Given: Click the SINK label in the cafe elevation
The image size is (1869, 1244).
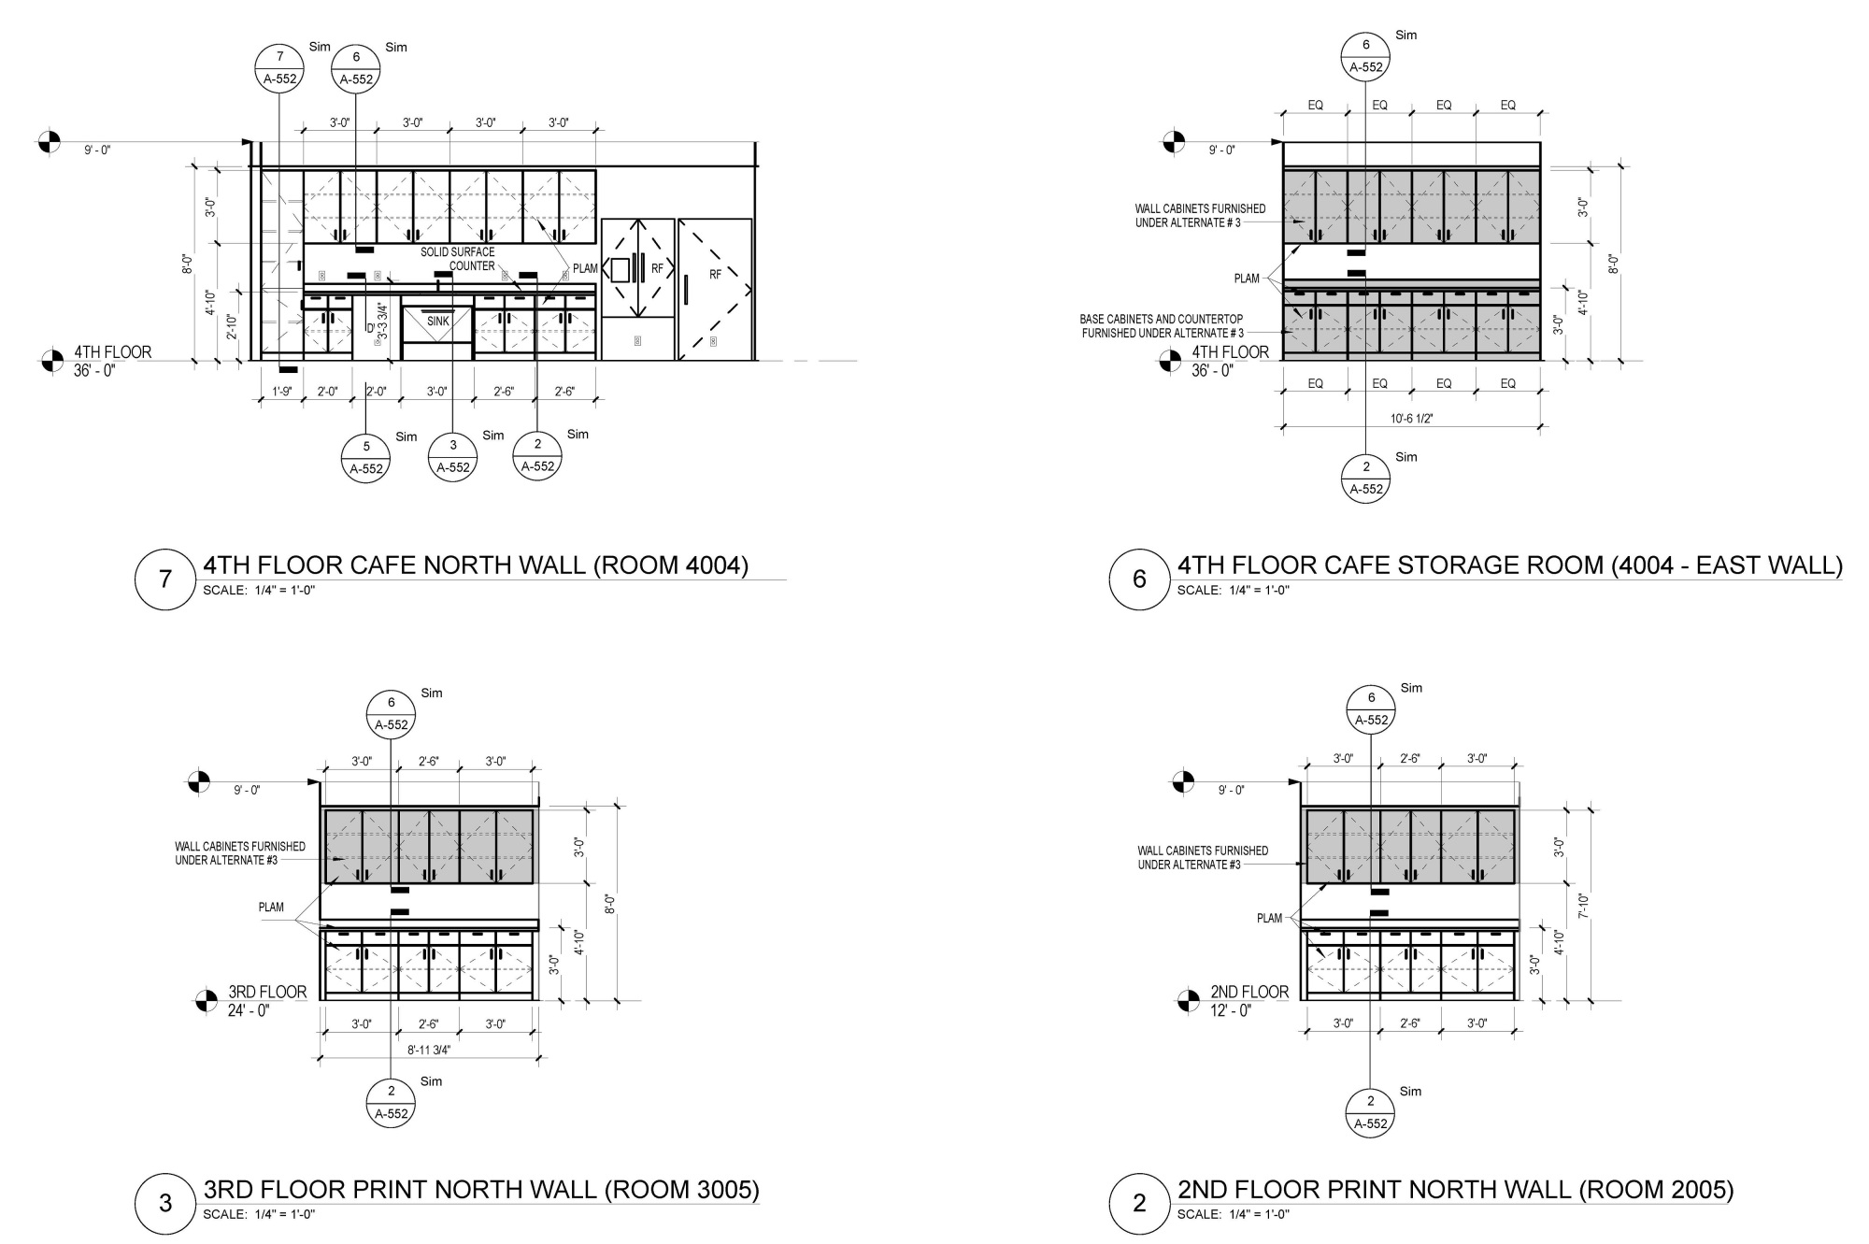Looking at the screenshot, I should click(438, 322).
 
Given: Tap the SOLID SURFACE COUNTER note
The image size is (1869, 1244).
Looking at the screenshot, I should click(458, 259).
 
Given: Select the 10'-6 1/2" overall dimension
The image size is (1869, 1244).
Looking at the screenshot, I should click(1411, 419).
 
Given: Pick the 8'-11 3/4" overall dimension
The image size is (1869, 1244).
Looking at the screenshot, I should click(429, 1050).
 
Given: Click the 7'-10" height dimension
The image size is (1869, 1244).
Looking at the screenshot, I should click(1583, 906).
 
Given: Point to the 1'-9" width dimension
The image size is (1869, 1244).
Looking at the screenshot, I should click(282, 393).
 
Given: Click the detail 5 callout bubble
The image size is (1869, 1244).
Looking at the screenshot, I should click(366, 457).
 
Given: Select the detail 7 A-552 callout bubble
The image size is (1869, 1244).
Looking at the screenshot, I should click(279, 68).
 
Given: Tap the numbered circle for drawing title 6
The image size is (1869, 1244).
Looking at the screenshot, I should click(1139, 579).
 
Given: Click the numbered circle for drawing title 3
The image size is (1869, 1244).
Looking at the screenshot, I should click(165, 1203).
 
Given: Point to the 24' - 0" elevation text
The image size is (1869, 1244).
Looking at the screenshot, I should click(249, 1010).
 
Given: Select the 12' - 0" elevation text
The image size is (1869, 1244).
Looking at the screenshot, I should click(1231, 1011).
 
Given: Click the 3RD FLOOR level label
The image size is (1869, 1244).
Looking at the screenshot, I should click(267, 993).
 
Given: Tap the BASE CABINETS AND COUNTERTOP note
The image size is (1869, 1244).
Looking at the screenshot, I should click(1162, 326).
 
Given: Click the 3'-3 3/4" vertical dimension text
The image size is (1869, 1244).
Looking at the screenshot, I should click(381, 321).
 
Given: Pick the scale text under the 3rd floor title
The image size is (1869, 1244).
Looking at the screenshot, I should click(259, 1215).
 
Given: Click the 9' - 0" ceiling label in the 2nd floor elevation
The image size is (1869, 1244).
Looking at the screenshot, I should click(1232, 791).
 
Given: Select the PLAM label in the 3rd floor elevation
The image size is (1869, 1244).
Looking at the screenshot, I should click(271, 908).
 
